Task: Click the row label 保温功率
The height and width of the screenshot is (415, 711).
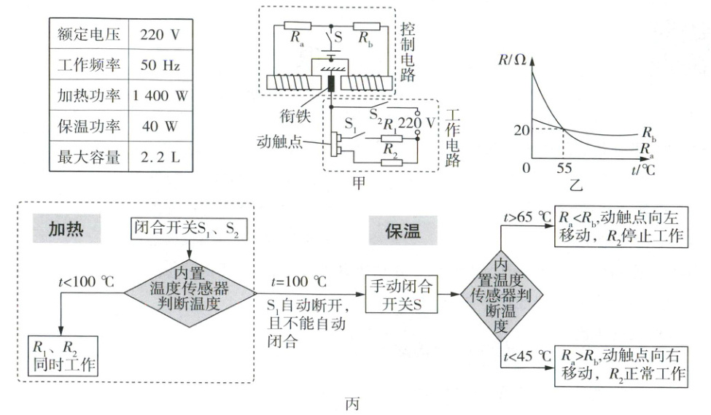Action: point(82,126)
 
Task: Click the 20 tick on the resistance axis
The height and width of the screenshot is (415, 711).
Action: point(519,131)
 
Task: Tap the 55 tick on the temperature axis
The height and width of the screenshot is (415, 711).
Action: point(564,167)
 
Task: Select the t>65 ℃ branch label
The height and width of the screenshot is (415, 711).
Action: point(527,216)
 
